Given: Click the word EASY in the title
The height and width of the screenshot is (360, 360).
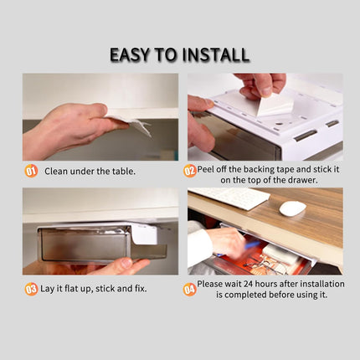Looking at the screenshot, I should pyautogui.click(x=135, y=55).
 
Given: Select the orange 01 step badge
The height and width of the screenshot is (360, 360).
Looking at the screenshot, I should pyautogui.click(x=30, y=171).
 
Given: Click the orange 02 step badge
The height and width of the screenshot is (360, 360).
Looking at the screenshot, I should pyautogui.click(x=190, y=171).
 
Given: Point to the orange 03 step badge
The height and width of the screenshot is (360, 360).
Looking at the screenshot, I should pyautogui.click(x=30, y=289).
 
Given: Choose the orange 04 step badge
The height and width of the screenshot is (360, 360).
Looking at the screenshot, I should pyautogui.click(x=190, y=289).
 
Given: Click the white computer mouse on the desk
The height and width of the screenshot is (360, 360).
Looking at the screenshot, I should pyautogui.click(x=291, y=208).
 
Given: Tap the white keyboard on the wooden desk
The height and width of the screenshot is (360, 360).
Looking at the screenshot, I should pyautogui.click(x=230, y=198).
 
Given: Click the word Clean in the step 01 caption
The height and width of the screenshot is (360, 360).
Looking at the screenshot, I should pyautogui.click(x=58, y=171).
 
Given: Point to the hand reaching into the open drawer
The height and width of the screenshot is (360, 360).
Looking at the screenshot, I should pyautogui.click(x=223, y=243).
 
